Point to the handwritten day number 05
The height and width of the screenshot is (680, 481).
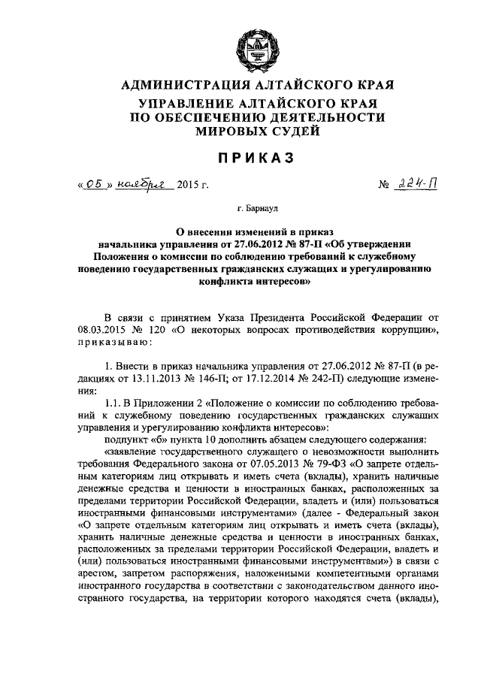pos(92,183)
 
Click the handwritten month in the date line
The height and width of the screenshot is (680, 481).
pos(146,183)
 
